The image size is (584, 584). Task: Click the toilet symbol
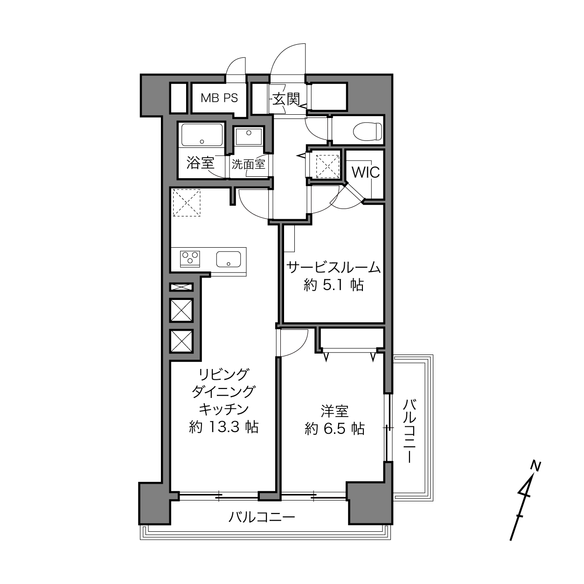(367, 132)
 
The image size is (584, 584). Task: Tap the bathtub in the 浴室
(202, 135)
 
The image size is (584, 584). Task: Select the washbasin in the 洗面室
(249, 136)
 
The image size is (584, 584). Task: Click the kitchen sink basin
(229, 259)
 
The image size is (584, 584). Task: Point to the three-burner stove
(190, 259)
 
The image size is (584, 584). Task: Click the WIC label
(366, 173)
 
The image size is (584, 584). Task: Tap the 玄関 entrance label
(286, 99)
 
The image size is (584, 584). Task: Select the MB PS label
(219, 98)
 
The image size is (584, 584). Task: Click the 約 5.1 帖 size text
(334, 285)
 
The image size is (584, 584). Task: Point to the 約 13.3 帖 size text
(224, 427)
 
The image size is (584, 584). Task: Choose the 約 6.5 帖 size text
(334, 429)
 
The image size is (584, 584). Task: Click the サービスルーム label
(334, 267)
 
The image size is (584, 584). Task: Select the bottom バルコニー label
(262, 515)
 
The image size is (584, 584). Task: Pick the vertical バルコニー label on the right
(410, 431)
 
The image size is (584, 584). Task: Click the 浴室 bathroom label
(200, 163)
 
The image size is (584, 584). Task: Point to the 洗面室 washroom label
(249, 164)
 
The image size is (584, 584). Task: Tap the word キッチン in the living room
(223, 410)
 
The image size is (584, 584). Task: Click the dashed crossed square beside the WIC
(327, 167)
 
